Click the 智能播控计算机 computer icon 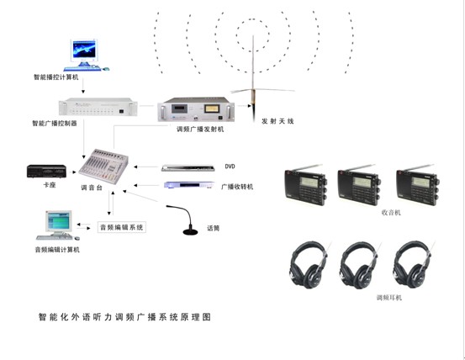click(85, 53)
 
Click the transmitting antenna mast click(251, 71)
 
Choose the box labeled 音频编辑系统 click(122, 227)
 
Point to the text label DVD click(230, 167)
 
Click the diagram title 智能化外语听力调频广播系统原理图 click(124, 318)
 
